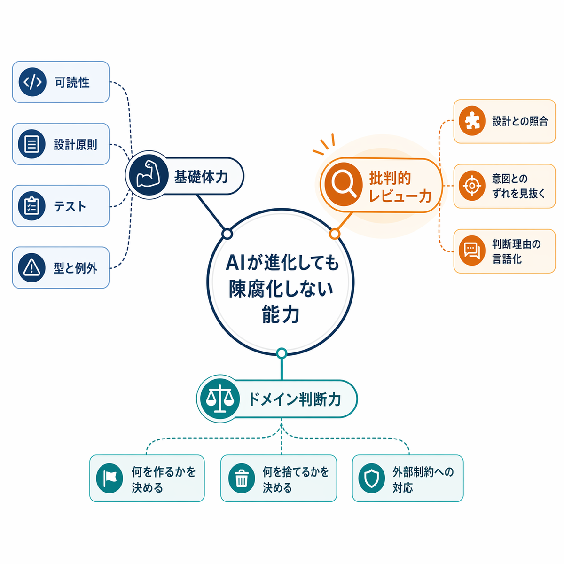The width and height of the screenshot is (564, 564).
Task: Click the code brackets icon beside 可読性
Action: (32, 82)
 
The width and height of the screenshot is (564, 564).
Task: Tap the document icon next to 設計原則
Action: (31, 144)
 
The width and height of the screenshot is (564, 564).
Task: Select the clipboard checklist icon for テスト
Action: (31, 205)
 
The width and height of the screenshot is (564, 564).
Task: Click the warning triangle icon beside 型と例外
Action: (31, 267)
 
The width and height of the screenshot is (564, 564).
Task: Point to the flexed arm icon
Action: (149, 175)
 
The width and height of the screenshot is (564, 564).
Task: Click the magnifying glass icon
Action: (344, 184)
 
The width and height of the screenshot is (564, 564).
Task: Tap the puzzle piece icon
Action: (472, 121)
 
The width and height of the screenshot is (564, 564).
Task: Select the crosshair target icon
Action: (472, 186)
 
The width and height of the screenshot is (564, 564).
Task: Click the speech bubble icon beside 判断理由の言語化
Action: (472, 251)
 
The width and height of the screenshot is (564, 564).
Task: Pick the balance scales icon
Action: (220, 399)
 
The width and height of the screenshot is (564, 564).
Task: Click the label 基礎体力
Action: (201, 177)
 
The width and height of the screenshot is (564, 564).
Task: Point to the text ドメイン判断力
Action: (295, 399)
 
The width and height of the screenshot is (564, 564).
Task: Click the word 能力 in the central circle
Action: (281, 314)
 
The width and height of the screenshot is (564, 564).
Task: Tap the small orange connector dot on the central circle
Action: (335, 234)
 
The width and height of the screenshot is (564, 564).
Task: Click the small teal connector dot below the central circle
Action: (282, 353)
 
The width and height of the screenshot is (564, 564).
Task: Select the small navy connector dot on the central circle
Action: (227, 234)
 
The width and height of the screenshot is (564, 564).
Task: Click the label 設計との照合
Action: (520, 121)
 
